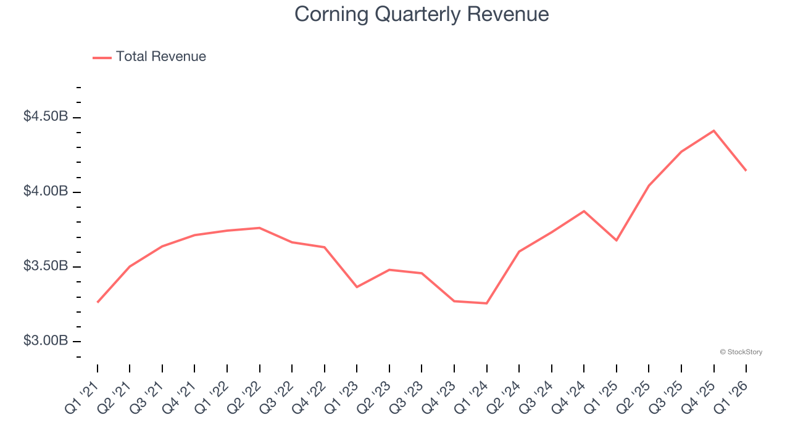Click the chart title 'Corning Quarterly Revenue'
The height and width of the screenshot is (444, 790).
click(422, 14)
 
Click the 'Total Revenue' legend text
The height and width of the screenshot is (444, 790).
click(160, 57)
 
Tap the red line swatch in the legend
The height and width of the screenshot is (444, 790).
click(102, 57)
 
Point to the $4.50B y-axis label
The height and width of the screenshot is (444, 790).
click(46, 117)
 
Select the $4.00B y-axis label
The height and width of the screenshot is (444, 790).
click(46, 191)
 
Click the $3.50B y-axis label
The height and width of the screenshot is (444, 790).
click(46, 266)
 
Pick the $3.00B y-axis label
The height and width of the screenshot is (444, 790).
click(46, 340)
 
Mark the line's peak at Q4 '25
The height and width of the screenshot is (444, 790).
click(713, 131)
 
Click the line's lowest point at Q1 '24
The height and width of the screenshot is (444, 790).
click(486, 303)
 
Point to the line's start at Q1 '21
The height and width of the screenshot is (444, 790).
click(98, 302)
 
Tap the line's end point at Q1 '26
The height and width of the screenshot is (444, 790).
click(746, 170)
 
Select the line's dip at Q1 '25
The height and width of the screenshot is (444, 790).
click(616, 240)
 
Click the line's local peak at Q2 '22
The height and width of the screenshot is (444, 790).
click(259, 228)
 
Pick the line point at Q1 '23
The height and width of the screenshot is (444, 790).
click(357, 287)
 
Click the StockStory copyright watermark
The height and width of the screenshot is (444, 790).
click(741, 352)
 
